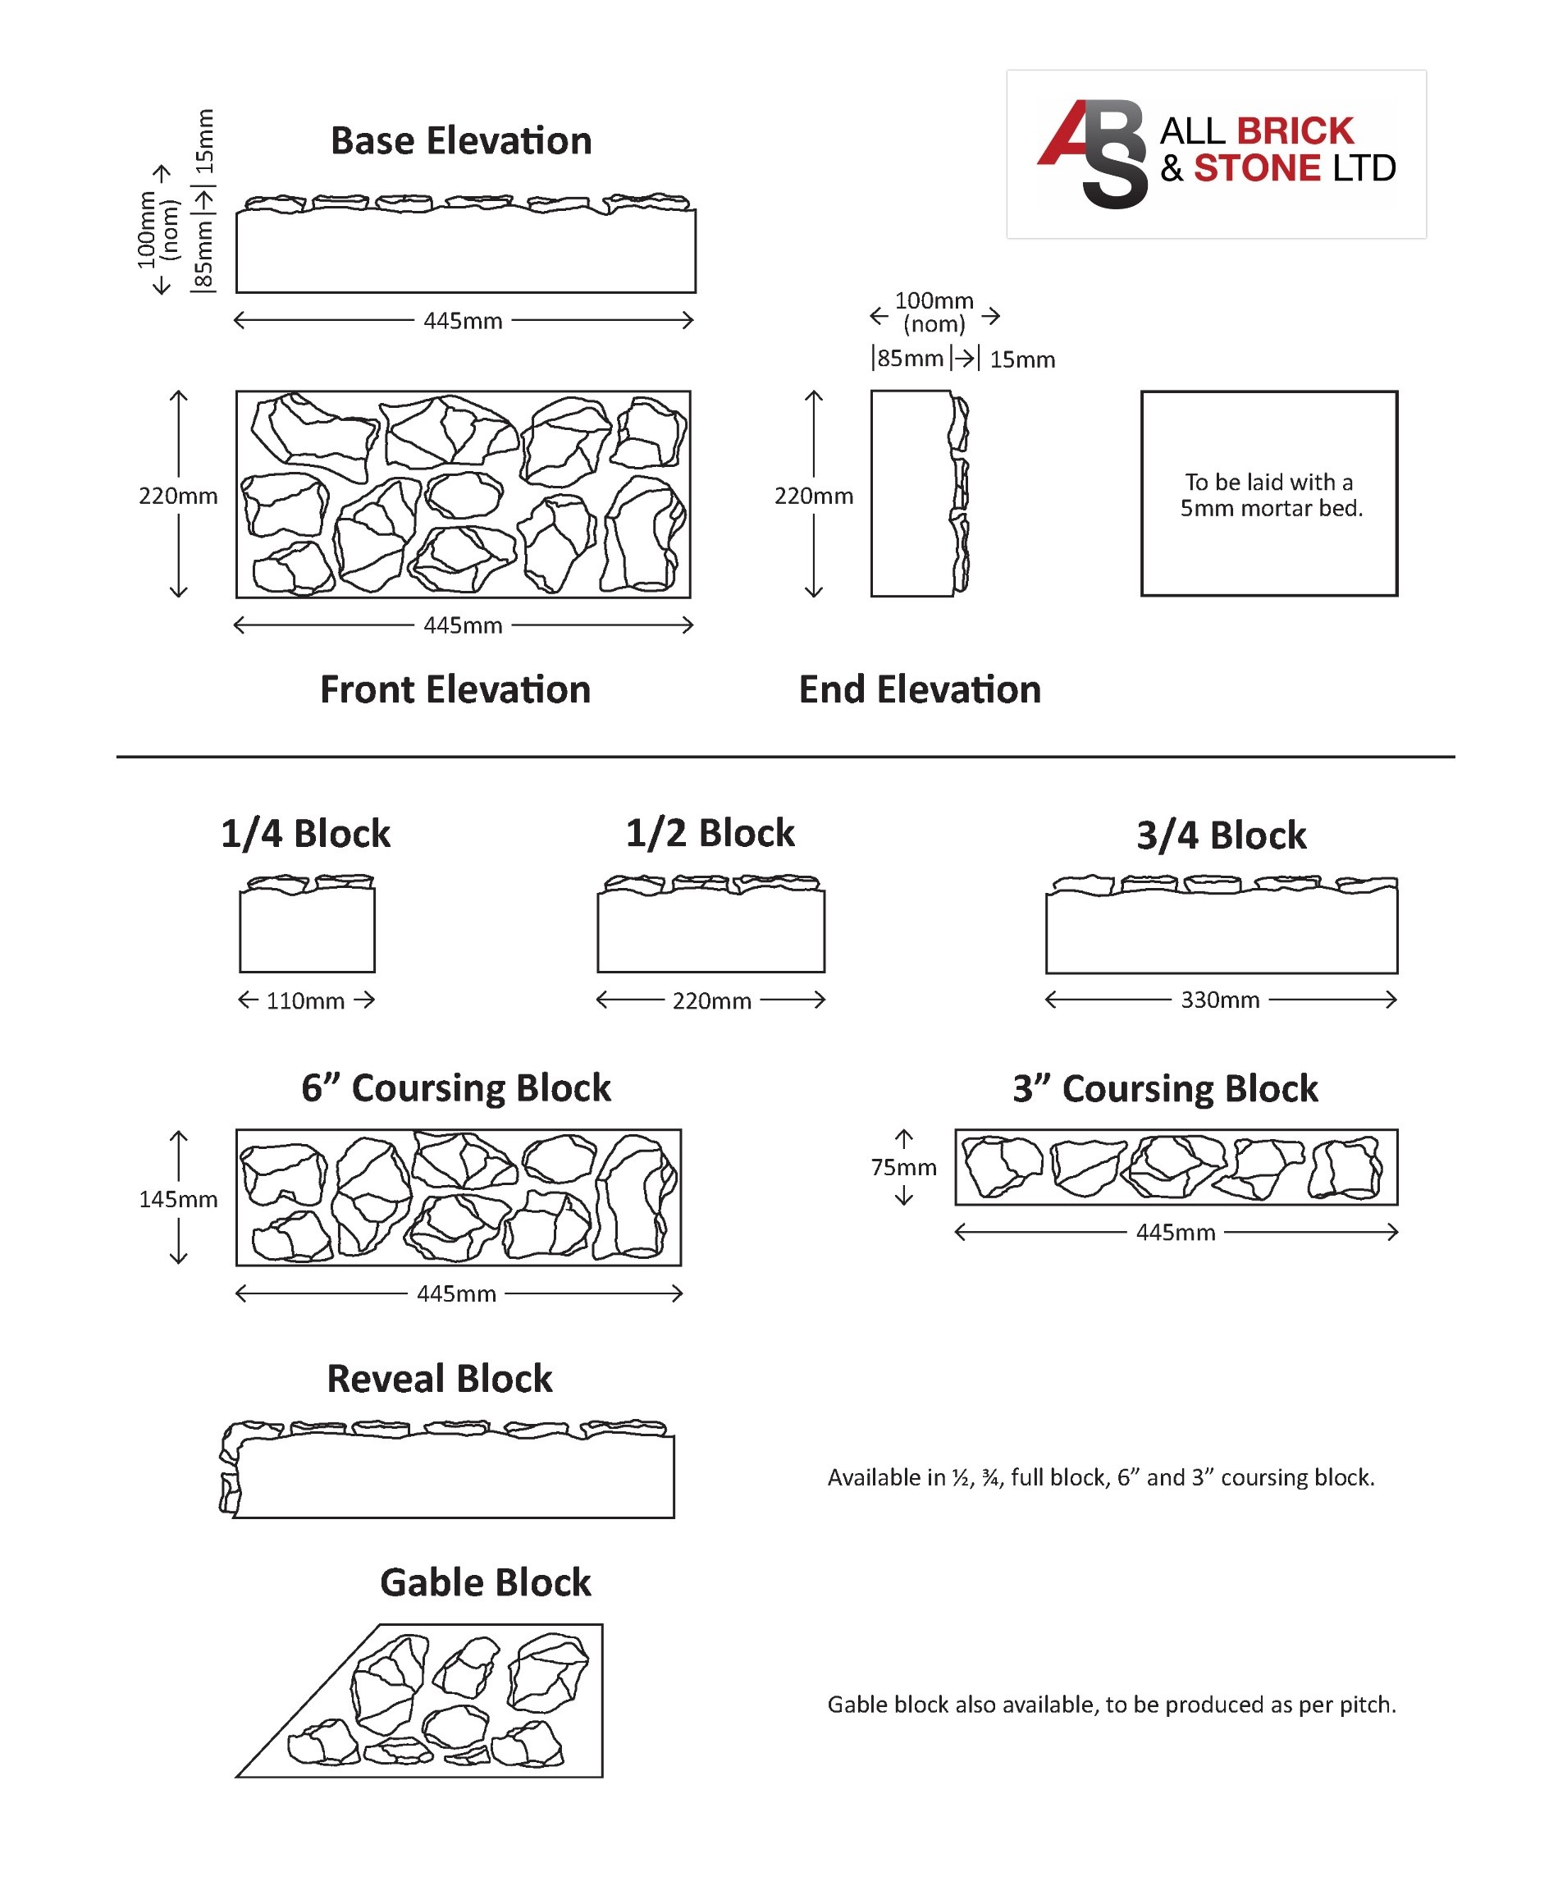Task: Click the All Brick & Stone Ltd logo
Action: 1215,153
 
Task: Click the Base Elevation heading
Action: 460,141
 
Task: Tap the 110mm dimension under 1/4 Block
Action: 305,1000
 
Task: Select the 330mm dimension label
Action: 1220,1000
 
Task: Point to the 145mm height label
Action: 178,1199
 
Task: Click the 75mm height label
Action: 903,1168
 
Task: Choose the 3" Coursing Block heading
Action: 1165,1088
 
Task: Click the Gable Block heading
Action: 486,1583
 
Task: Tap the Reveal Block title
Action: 440,1379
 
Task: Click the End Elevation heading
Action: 919,689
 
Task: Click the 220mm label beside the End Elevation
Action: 813,497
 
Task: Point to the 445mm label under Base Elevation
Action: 463,321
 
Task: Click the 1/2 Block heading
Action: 710,833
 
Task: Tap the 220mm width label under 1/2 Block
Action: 710,1000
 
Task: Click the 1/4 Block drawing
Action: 307,925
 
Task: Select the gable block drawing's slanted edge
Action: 307,1702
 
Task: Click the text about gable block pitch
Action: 1111,1705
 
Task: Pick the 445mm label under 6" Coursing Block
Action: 456,1294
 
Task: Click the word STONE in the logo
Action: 1257,169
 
